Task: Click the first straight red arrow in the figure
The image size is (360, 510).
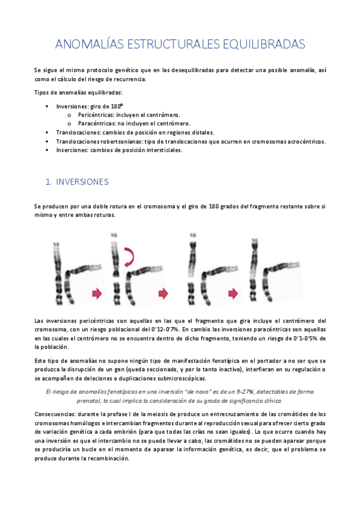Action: tap(97, 293)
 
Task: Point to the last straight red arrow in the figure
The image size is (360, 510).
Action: tap(232, 293)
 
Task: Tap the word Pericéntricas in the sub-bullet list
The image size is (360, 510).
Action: tap(97, 115)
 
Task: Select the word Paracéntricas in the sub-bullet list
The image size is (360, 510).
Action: tap(98, 123)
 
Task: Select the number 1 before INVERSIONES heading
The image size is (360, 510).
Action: tap(48, 181)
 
